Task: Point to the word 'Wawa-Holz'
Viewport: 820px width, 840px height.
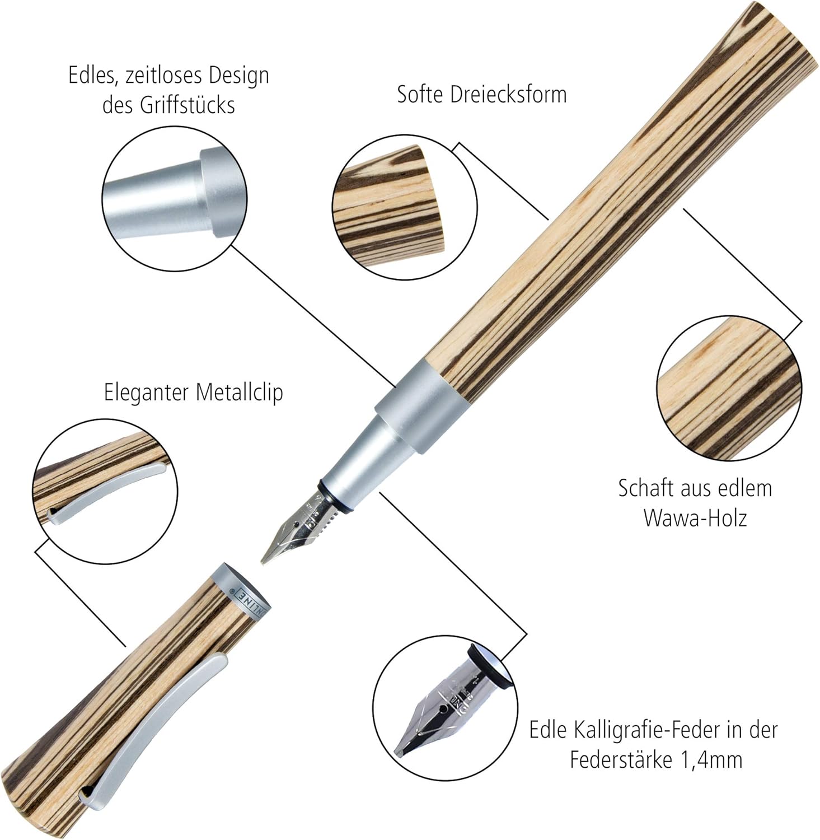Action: [x=695, y=517]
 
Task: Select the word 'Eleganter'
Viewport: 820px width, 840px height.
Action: [x=145, y=393]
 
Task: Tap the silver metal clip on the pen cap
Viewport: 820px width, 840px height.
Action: [x=162, y=717]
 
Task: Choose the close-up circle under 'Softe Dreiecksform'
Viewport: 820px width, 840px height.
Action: [x=405, y=207]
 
